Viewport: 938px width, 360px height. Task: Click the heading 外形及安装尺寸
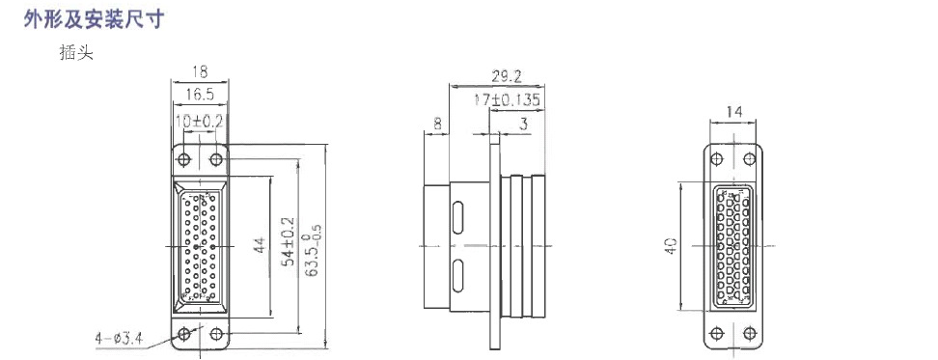coord(94,19)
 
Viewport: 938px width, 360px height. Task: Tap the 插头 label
coord(76,53)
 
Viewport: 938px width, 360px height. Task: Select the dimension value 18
coord(200,71)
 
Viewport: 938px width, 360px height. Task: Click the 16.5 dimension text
coord(200,94)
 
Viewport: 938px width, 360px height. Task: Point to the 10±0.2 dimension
coord(200,121)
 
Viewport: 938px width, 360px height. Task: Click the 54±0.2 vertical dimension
coord(290,241)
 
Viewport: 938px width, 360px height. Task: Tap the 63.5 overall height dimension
coord(313,250)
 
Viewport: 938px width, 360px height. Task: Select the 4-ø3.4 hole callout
coord(119,339)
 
